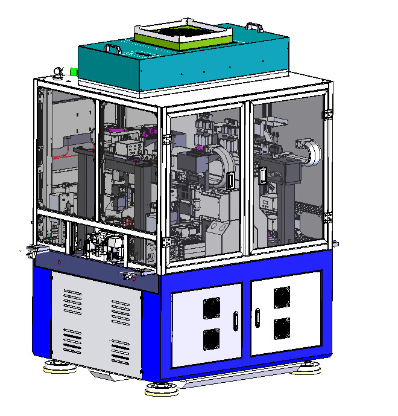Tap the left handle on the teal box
click(113, 48)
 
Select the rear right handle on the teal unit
click(254, 27)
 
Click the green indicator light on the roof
click(73, 72)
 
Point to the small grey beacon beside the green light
click(58, 72)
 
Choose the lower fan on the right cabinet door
click(282, 328)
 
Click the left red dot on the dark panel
click(59, 262)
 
